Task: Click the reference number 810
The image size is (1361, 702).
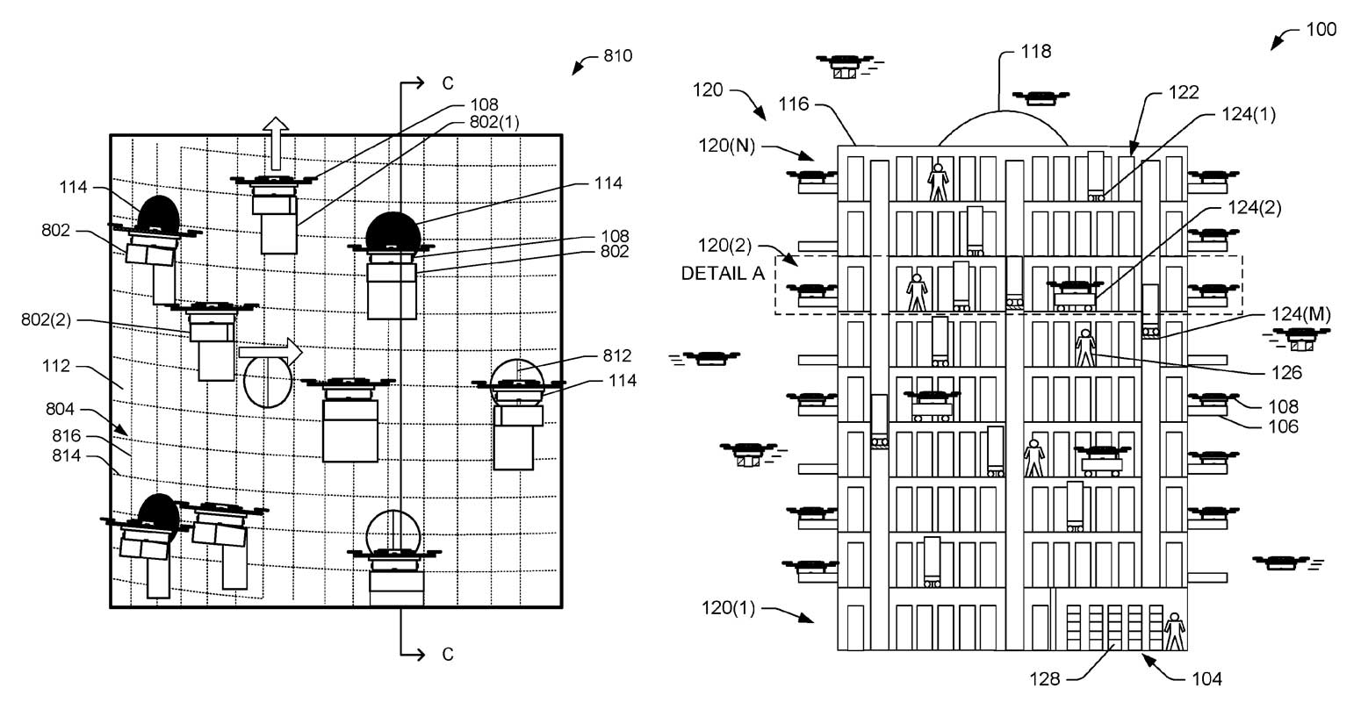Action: point(617,56)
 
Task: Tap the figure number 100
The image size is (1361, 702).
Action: point(1321,29)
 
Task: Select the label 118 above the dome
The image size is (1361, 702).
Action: point(1036,51)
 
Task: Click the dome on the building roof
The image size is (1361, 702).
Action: point(1002,129)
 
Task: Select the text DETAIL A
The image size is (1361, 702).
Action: point(723,273)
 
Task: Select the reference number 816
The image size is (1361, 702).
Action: point(67,436)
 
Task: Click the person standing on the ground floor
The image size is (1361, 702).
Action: point(1173,631)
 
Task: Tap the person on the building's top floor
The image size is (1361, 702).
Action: point(939,182)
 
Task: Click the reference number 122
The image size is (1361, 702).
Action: point(1184,92)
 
